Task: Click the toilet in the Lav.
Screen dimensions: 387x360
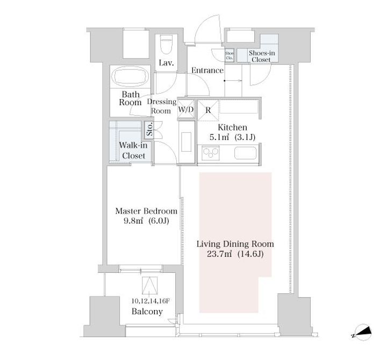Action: tap(166, 44)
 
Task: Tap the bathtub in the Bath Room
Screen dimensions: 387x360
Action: tap(130, 76)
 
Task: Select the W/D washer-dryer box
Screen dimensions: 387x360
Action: tap(186, 109)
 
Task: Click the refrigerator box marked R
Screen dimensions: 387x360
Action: tap(208, 110)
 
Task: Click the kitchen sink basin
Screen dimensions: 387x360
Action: tap(245, 153)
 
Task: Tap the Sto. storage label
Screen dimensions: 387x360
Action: tap(149, 129)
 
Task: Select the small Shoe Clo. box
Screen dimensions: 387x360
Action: tap(230, 55)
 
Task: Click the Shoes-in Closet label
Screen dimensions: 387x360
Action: tap(262, 56)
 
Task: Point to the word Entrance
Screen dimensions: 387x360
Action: tap(207, 70)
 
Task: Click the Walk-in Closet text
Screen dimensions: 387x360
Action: tap(133, 150)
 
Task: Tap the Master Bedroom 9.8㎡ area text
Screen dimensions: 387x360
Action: tap(146, 216)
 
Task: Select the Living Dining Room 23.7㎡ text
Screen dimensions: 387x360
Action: tap(235, 249)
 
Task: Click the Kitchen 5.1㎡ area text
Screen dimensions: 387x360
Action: tap(232, 132)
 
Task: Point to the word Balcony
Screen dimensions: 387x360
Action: tap(147, 312)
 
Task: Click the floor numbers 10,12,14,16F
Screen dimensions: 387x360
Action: tap(150, 301)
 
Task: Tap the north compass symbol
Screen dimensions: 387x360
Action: tap(362, 333)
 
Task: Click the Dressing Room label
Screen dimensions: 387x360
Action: tap(162, 106)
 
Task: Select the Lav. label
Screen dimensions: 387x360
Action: tap(166, 63)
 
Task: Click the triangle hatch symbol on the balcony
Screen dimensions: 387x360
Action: tap(149, 285)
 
